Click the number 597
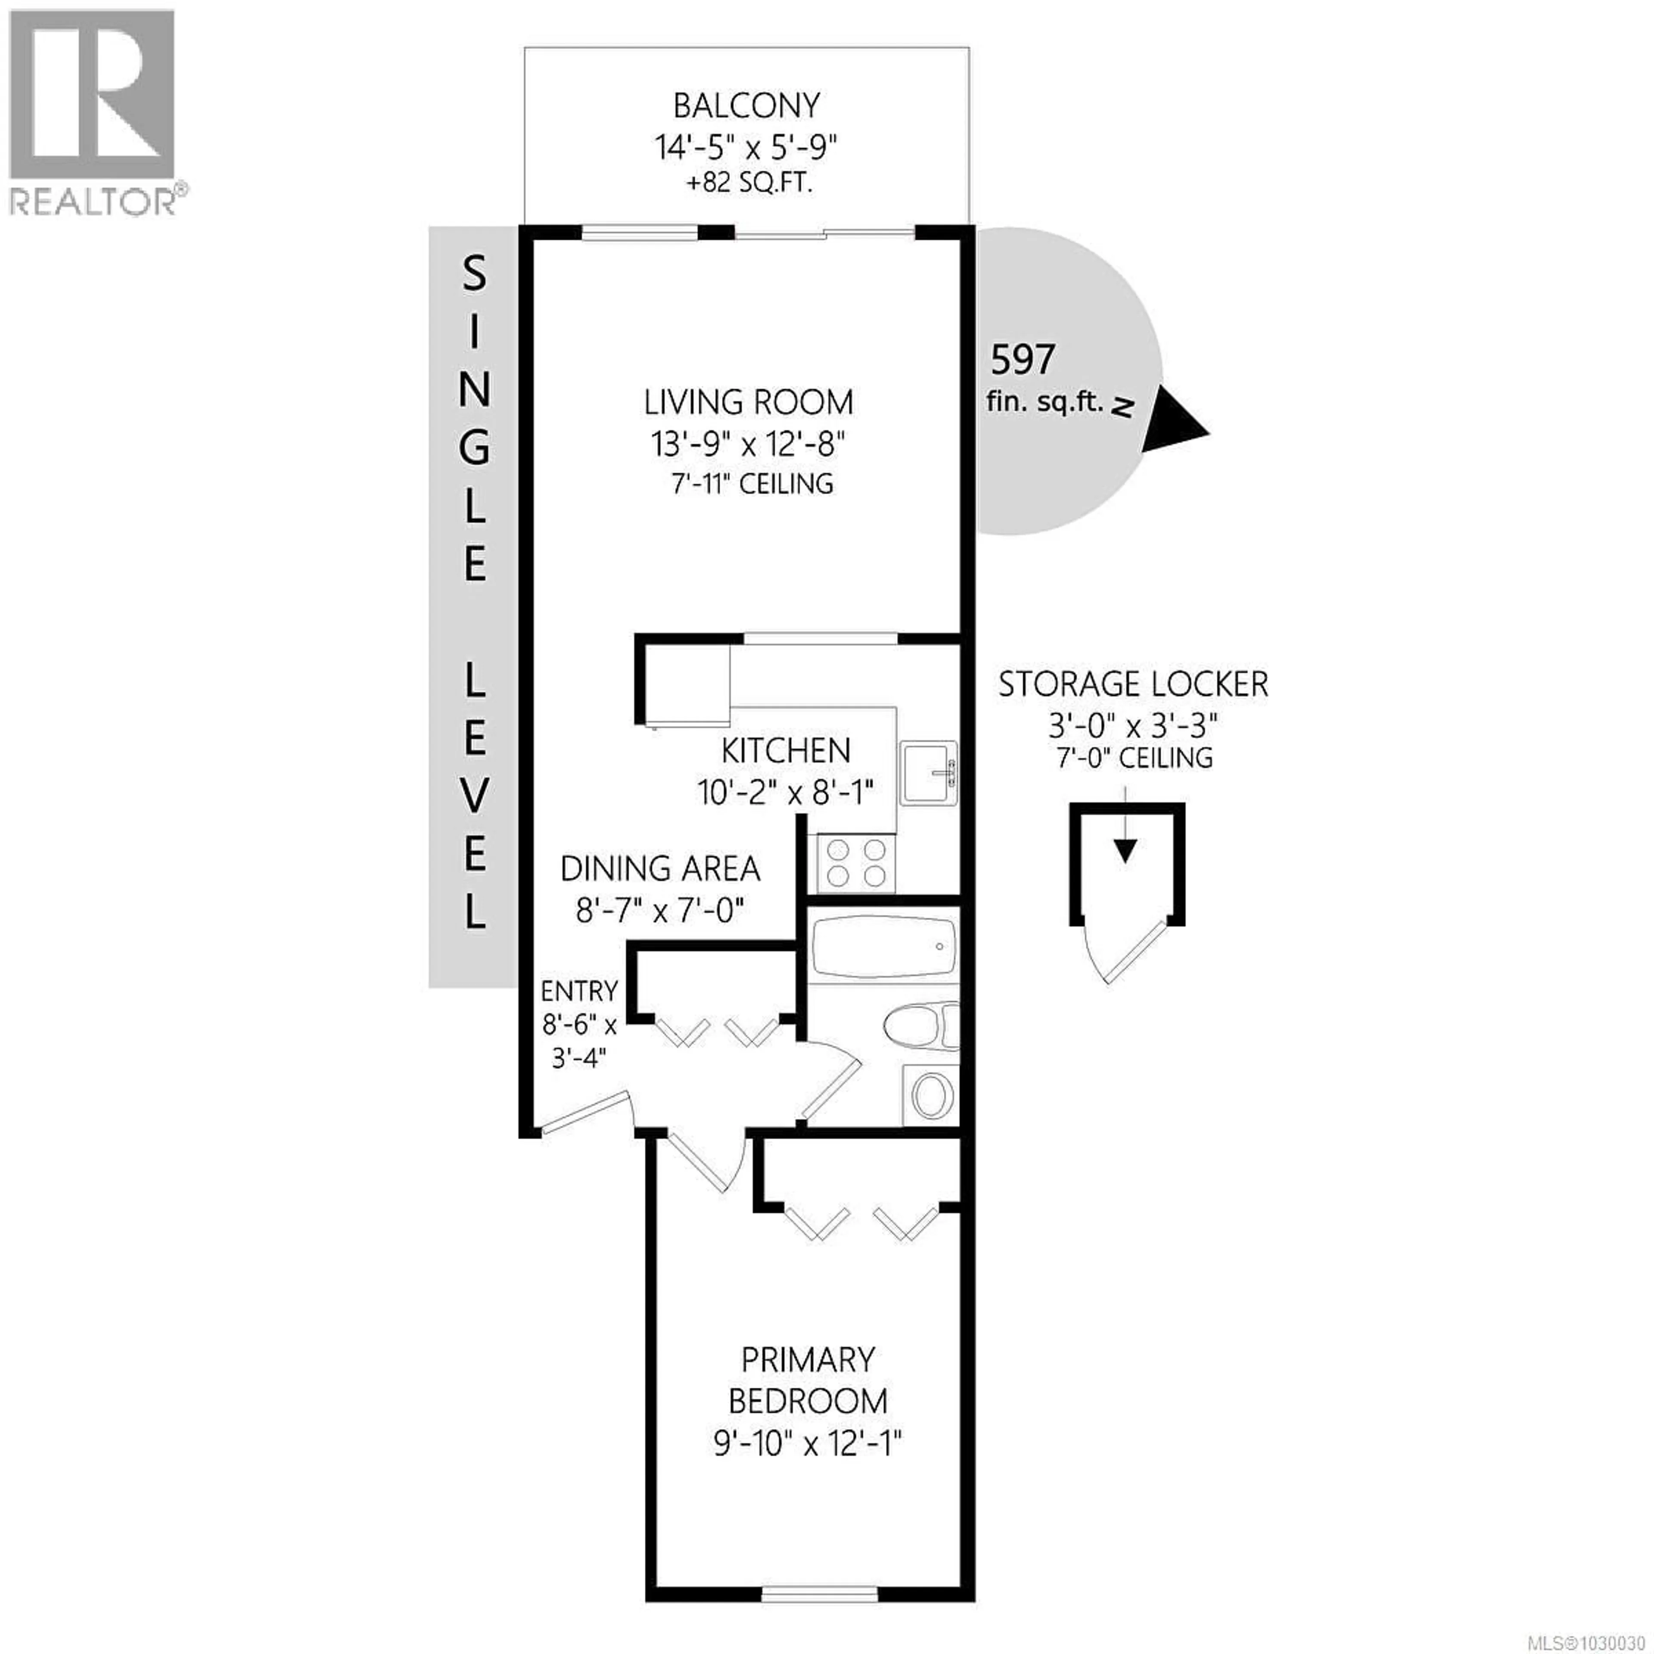1022,360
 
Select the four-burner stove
856,863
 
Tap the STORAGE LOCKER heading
1133,685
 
